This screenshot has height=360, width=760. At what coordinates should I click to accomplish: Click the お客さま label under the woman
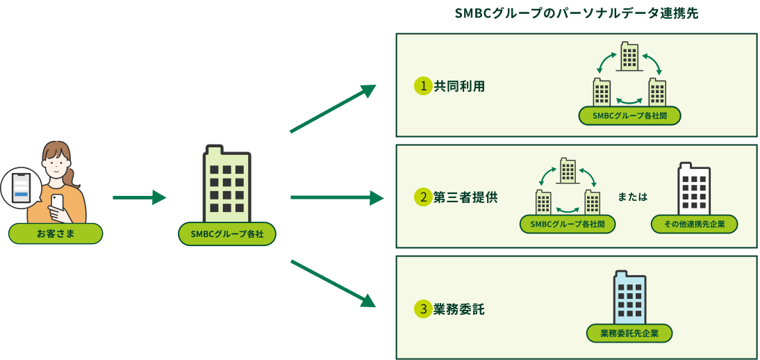pos(56,234)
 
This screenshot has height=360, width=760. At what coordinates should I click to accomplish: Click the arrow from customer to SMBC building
pos(139,198)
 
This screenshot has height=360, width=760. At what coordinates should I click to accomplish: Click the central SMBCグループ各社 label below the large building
pos(227,234)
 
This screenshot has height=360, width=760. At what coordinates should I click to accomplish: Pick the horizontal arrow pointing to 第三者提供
pos(336,198)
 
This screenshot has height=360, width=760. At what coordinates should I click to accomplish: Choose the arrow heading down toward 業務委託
pos(332,283)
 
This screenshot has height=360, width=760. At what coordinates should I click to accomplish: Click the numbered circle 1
pos(422,86)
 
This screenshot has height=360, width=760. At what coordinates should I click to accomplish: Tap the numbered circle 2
pos(422,197)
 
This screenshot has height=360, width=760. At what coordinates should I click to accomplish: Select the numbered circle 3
pos(422,309)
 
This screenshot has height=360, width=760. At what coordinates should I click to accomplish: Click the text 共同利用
pos(459,86)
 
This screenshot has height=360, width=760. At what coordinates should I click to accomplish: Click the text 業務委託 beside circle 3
pos(459,309)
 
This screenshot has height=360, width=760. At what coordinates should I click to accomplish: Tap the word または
pos(632,197)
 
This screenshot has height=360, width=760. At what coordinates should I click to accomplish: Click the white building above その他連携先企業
pos(694,188)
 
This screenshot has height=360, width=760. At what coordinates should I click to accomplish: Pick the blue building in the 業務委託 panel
pos(629,296)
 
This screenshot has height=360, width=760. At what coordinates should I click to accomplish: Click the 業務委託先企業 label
pos(629,334)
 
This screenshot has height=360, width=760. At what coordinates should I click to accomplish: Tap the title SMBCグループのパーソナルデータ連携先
pos(575,14)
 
